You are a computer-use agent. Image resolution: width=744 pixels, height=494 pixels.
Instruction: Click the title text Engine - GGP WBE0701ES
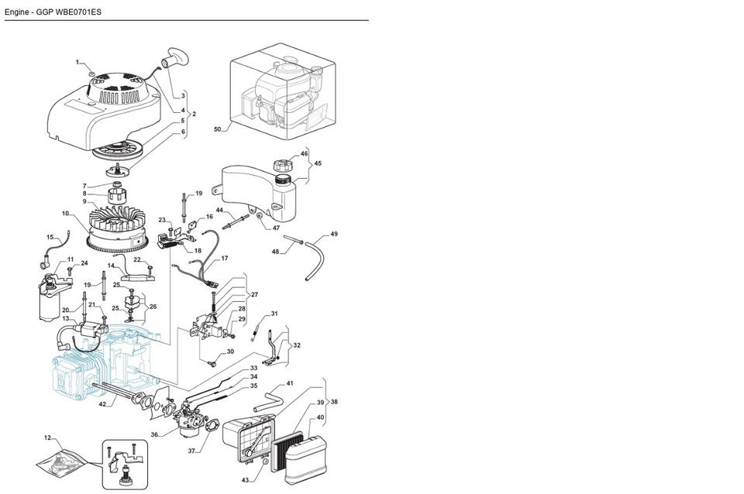click(x=53, y=12)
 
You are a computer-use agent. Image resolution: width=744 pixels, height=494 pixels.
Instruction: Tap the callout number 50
click(x=217, y=129)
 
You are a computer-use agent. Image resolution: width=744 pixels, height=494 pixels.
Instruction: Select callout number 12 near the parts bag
click(x=47, y=438)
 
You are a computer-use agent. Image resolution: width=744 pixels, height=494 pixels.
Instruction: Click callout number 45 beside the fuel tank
click(x=318, y=163)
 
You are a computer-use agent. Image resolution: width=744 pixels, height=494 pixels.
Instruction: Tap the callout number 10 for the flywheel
click(x=66, y=213)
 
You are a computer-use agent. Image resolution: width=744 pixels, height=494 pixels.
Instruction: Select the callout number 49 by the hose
click(x=334, y=234)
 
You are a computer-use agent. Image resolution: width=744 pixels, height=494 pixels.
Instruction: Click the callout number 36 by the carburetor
click(x=155, y=434)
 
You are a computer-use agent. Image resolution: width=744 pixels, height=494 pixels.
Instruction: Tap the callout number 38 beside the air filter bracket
click(x=334, y=403)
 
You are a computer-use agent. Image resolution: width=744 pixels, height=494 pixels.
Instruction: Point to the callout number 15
click(x=50, y=238)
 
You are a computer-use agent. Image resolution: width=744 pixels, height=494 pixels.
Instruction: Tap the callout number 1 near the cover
click(x=77, y=61)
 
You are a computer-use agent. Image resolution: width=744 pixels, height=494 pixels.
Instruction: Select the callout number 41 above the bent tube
click(x=290, y=383)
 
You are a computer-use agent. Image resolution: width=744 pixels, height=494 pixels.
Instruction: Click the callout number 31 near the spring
click(x=274, y=314)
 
